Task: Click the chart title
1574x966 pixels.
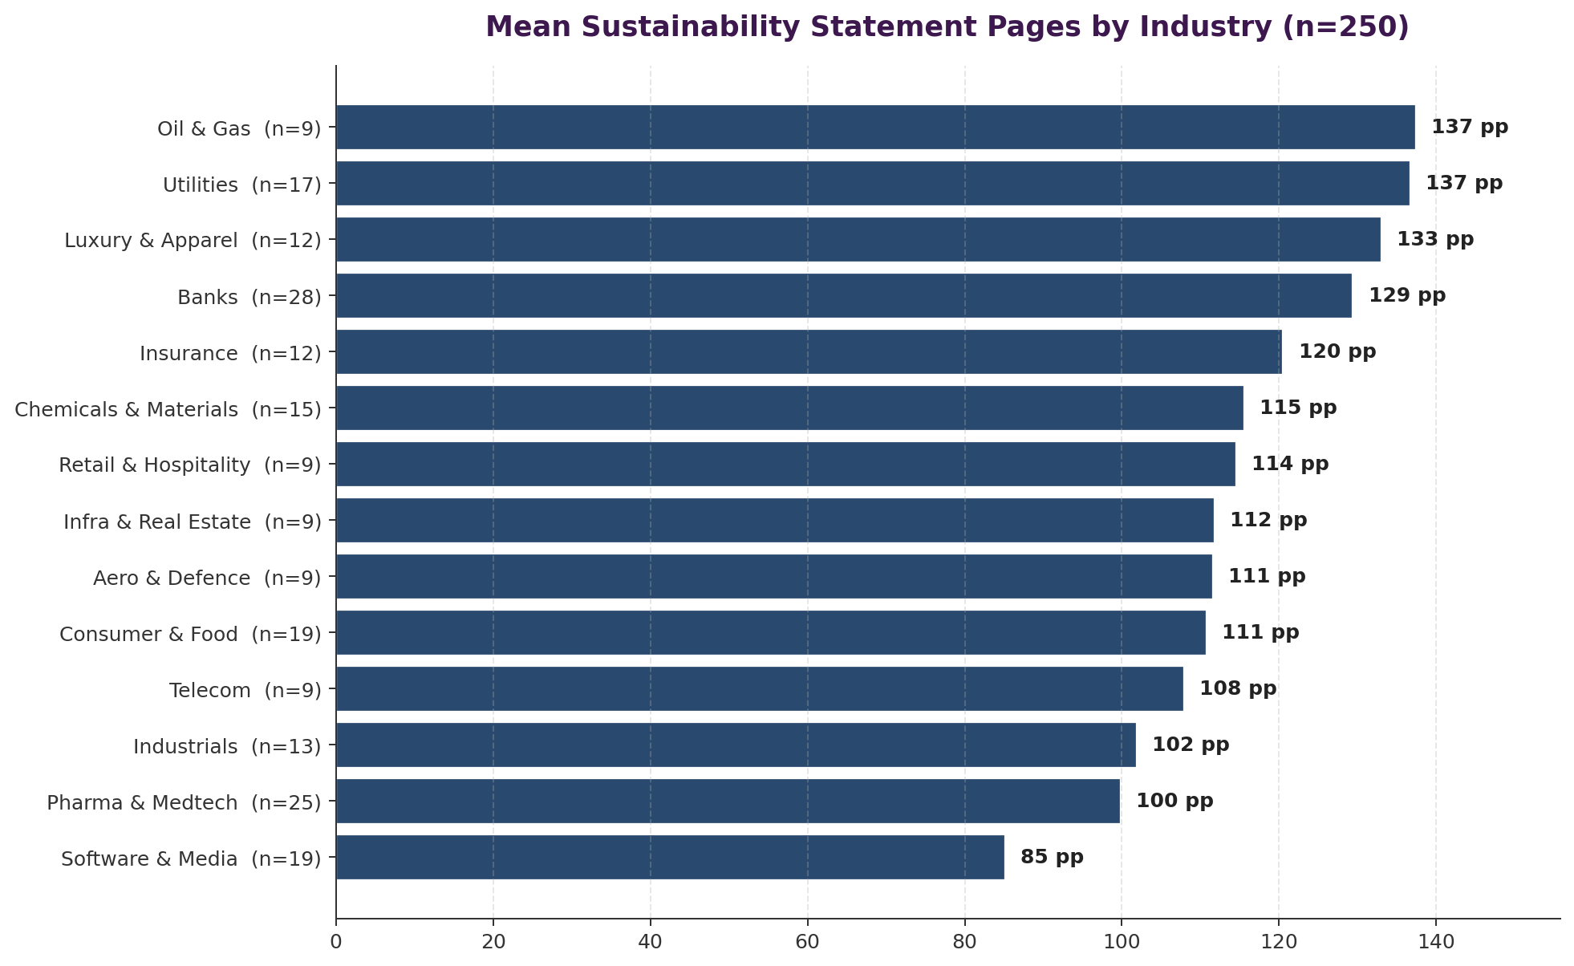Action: point(947,27)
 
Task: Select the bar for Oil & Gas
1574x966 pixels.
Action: point(875,127)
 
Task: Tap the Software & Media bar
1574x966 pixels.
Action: point(670,857)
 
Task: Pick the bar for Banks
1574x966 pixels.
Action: point(844,295)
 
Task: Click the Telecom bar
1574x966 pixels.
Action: point(760,688)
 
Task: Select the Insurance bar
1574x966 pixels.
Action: point(809,351)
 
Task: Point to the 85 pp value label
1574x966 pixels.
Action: point(1052,857)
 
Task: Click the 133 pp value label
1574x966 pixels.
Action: point(1435,239)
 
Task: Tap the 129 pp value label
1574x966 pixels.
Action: point(1406,295)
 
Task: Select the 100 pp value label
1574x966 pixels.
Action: point(1174,801)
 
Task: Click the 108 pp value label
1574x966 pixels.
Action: point(1238,688)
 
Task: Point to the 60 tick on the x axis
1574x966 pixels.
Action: point(807,941)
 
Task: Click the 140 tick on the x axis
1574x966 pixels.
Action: point(1436,941)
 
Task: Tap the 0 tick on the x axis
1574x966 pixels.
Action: point(336,941)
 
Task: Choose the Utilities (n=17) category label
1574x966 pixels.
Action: point(241,185)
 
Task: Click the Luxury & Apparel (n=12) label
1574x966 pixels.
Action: point(193,241)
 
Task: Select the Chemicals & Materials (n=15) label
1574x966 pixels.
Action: point(168,410)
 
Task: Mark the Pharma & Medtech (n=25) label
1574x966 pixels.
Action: point(184,803)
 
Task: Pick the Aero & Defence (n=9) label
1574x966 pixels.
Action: point(207,578)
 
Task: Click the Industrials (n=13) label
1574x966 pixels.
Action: point(227,747)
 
